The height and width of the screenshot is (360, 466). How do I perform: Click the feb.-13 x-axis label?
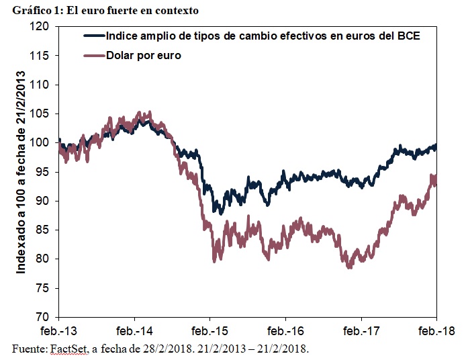59,331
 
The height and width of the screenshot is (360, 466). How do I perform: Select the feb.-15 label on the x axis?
210,331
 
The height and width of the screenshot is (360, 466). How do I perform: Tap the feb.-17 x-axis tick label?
361,331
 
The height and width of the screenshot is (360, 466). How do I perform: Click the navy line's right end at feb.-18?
436,146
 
